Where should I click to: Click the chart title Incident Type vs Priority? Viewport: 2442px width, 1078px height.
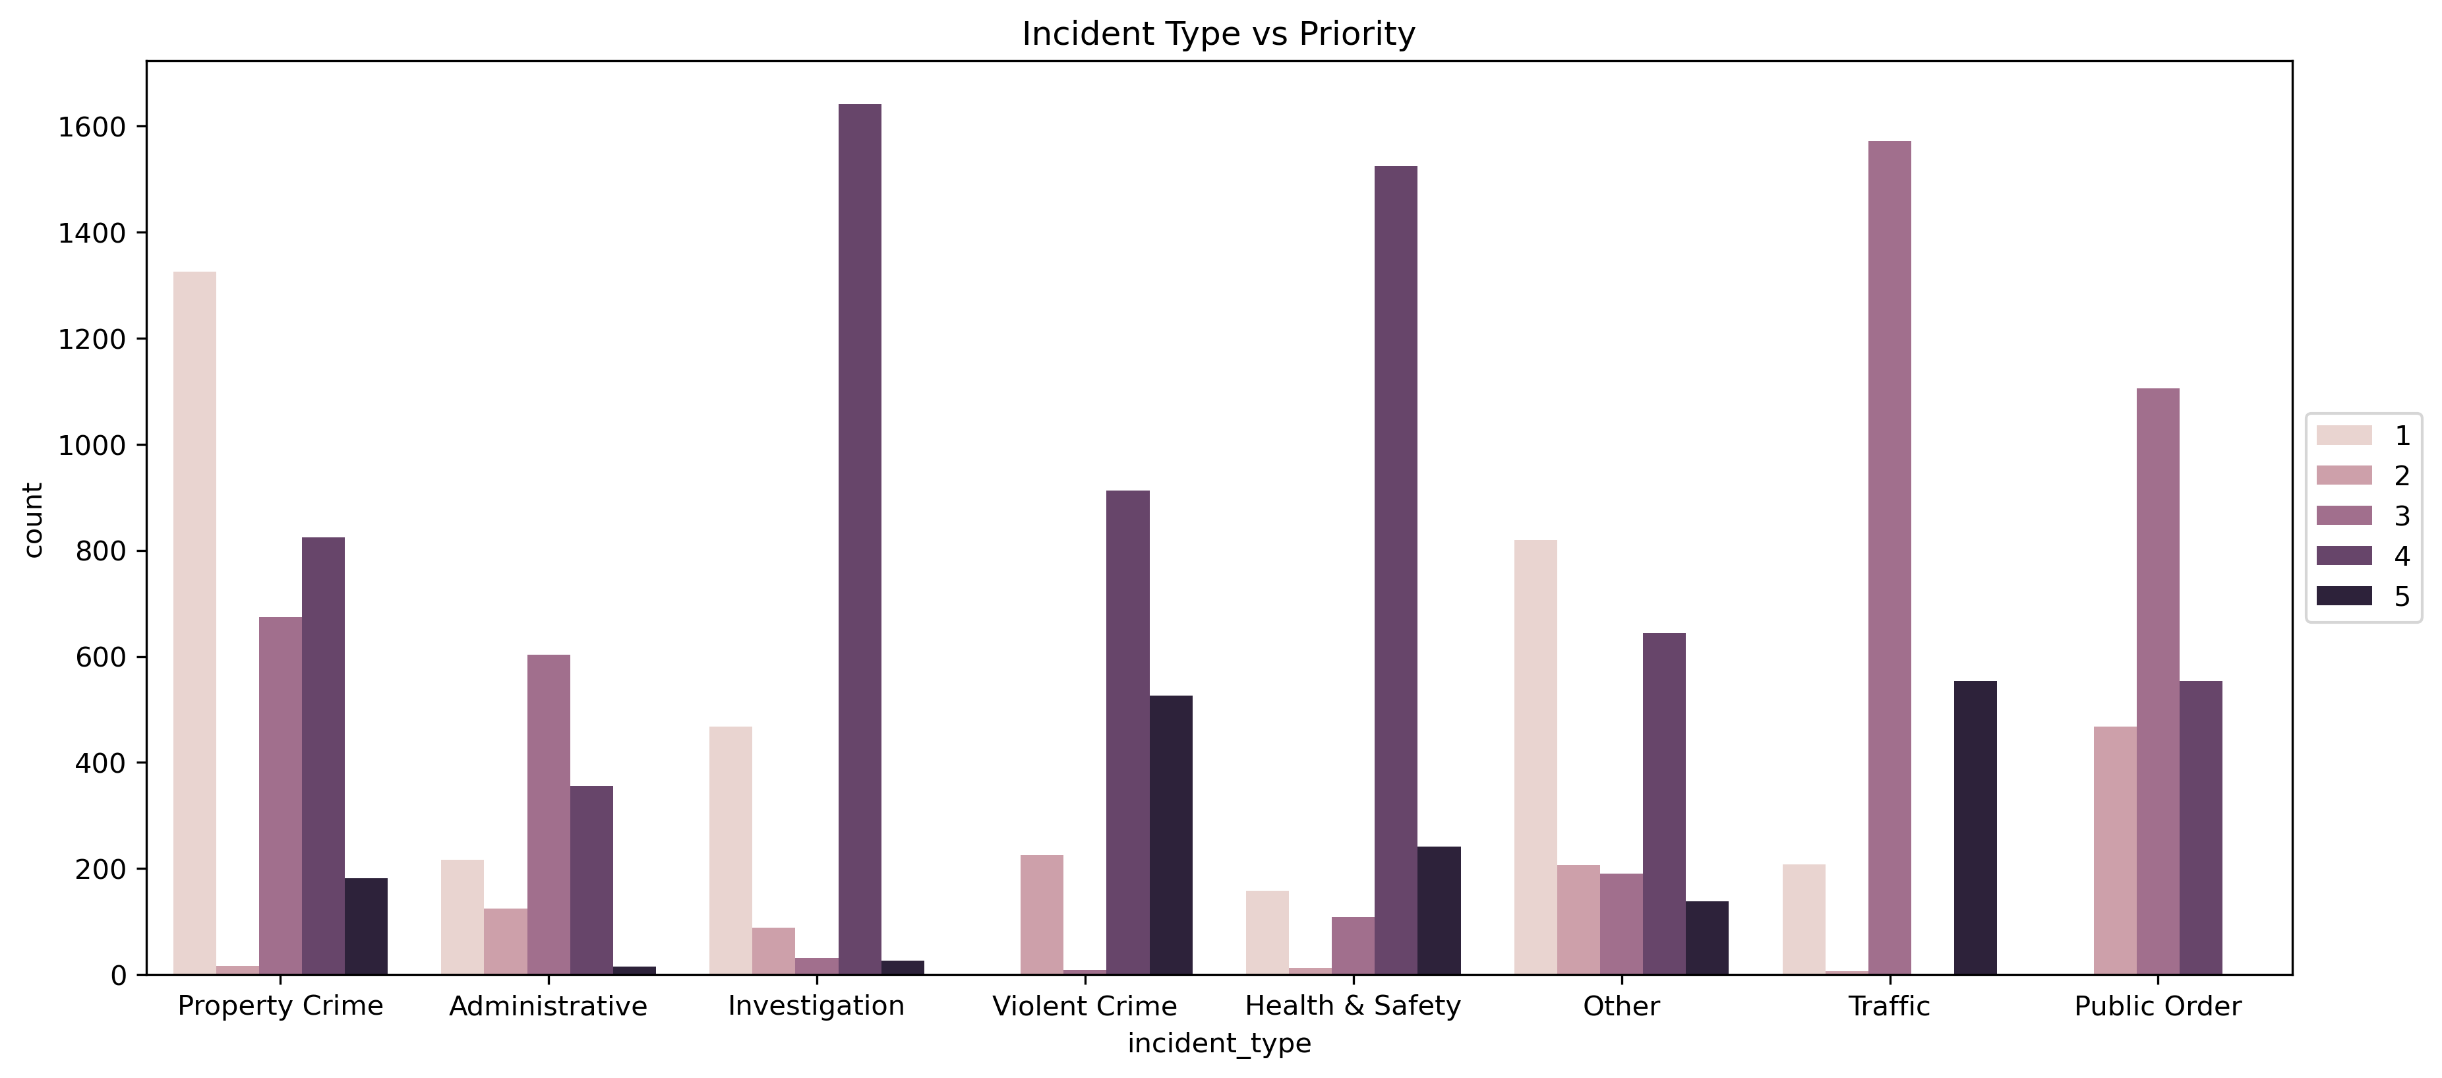click(x=1218, y=34)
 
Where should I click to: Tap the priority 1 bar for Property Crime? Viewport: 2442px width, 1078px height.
click(x=194, y=623)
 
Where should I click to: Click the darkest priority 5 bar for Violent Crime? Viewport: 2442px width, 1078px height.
click(x=1171, y=834)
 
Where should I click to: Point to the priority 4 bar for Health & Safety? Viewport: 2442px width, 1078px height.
click(x=1396, y=570)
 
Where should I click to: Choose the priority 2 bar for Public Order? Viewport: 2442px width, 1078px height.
click(x=2115, y=851)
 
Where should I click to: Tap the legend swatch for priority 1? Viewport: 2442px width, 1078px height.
click(x=2343, y=435)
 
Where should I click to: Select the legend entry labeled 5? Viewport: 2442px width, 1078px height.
click(x=2401, y=596)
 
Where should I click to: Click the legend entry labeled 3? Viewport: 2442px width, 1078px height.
click(x=2401, y=516)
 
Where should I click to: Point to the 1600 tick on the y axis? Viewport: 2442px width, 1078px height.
click(x=92, y=127)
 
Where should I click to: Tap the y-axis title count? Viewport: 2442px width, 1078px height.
click(x=33, y=520)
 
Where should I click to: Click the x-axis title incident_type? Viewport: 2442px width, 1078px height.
click(x=1218, y=1043)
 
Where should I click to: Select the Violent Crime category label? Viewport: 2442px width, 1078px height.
click(x=1084, y=1006)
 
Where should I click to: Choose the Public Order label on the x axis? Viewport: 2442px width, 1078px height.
click(x=2157, y=1006)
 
